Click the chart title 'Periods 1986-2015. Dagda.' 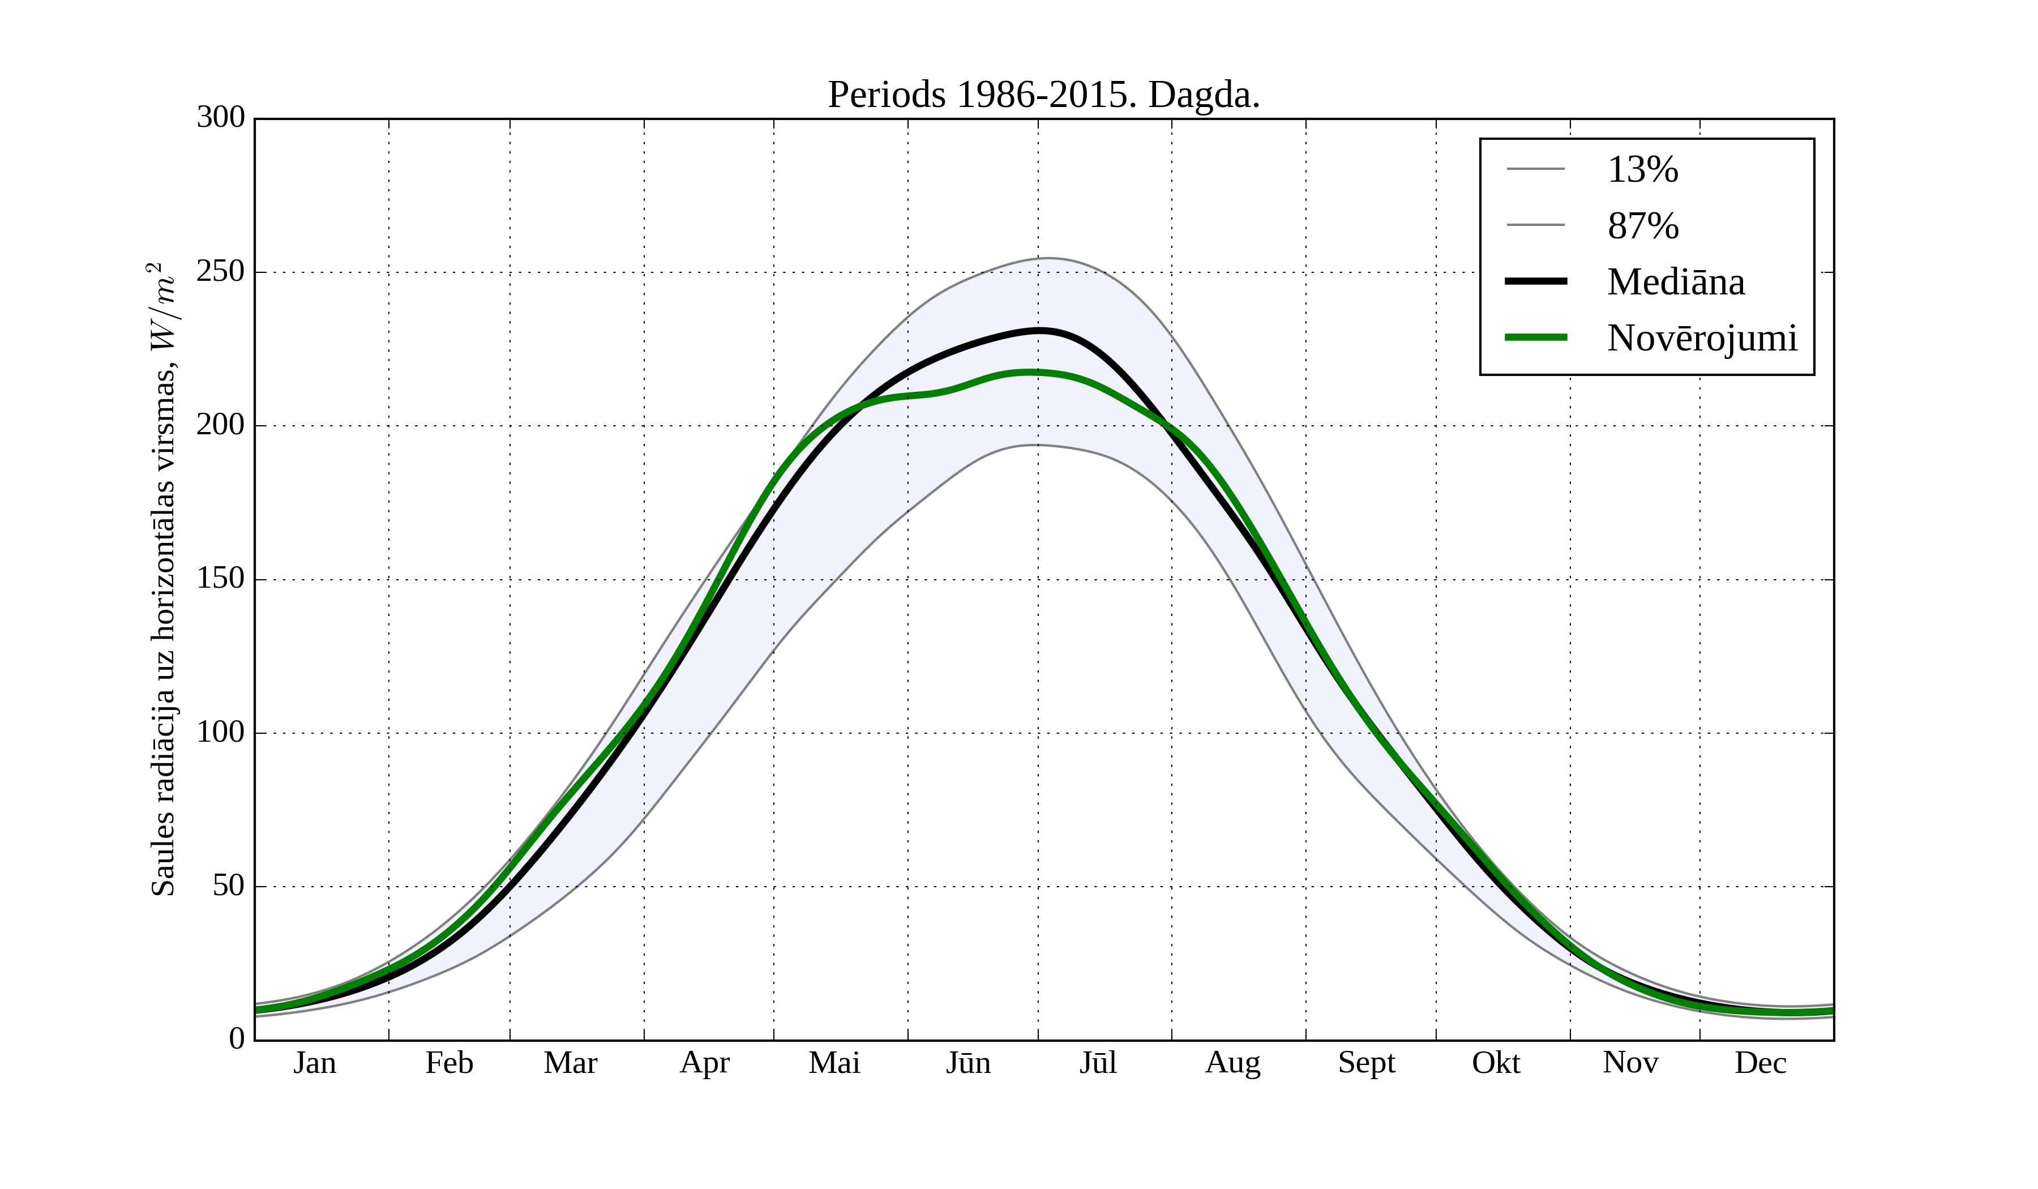[x=1043, y=96]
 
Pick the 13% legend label [x=1642, y=170]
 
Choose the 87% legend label [x=1642, y=226]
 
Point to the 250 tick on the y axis [x=220, y=272]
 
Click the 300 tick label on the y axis [x=220, y=118]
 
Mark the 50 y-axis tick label [x=228, y=887]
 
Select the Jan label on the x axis [x=315, y=1063]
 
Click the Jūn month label [x=968, y=1063]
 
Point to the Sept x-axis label [x=1366, y=1063]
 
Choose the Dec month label [x=1760, y=1063]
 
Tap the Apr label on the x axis [x=704, y=1063]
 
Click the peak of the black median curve [x=1040, y=330]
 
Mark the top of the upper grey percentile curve [x=1047, y=258]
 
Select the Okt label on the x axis [x=1495, y=1063]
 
